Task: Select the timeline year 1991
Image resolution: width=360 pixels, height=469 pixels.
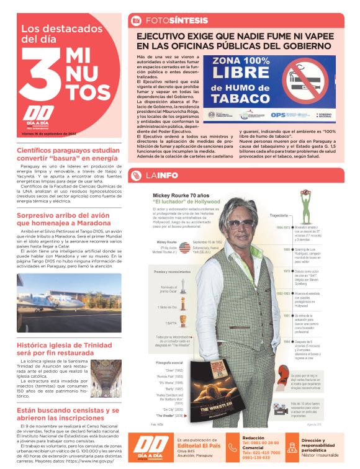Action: click(287, 316)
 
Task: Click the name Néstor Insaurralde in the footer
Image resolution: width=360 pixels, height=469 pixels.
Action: click(322, 455)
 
